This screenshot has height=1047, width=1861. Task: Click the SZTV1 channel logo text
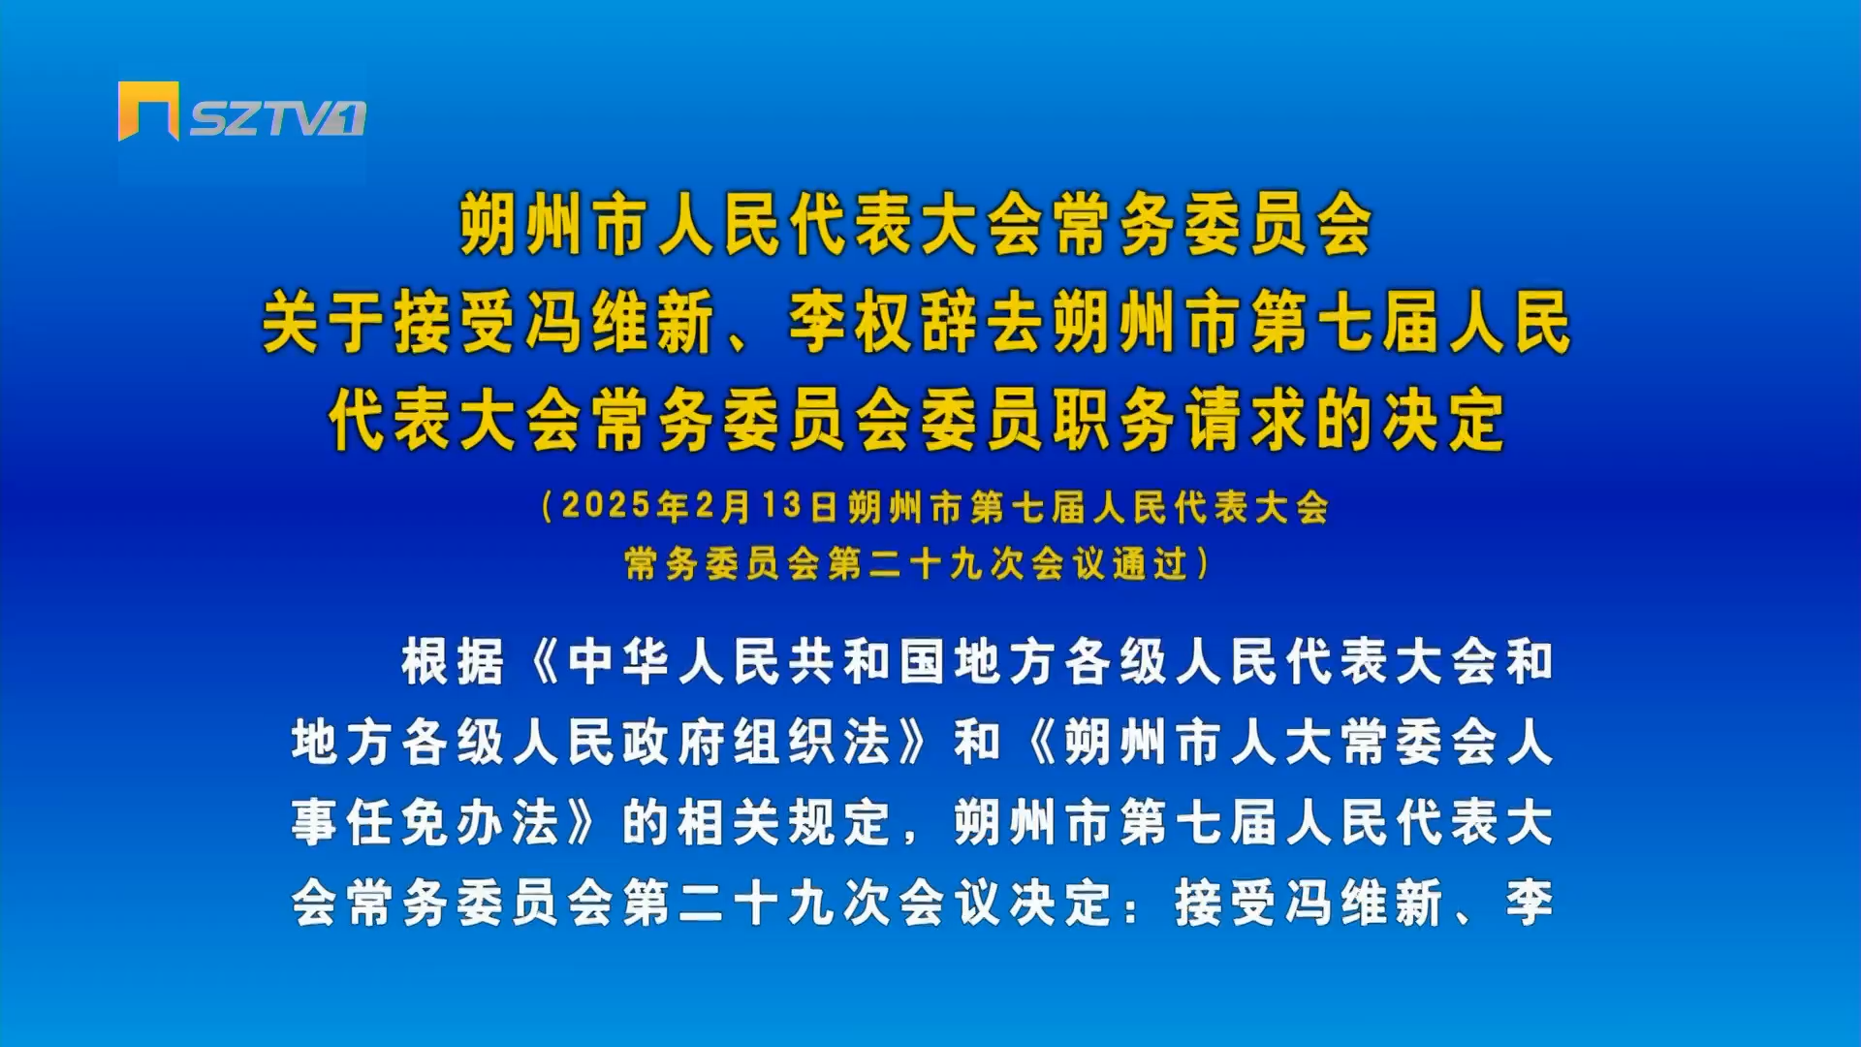click(x=277, y=118)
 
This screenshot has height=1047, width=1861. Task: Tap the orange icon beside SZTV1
click(x=148, y=111)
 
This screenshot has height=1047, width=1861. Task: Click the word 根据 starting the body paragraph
click(x=454, y=663)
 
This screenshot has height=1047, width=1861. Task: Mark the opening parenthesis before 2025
click(x=548, y=506)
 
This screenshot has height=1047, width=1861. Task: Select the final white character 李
click(x=1530, y=904)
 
